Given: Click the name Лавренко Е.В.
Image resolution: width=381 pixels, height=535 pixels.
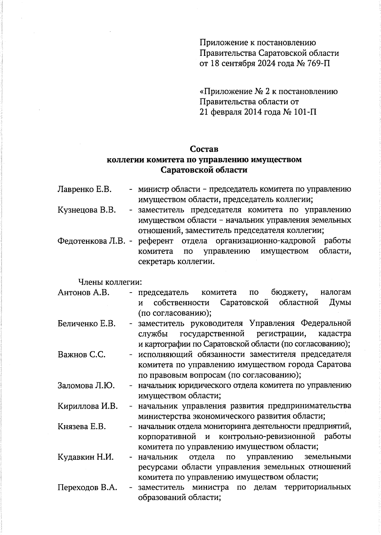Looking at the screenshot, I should (84, 189).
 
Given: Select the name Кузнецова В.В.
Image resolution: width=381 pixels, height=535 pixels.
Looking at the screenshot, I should (86, 210).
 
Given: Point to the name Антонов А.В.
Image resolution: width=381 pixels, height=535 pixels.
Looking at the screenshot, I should (84, 292).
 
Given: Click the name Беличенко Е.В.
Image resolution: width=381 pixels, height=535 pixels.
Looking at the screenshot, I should (86, 323).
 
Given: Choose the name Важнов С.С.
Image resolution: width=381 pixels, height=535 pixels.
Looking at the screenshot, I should (82, 354).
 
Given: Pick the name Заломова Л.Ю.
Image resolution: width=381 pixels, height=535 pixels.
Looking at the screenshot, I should (86, 386).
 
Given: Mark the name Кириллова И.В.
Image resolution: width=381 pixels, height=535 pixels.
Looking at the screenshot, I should (88, 406).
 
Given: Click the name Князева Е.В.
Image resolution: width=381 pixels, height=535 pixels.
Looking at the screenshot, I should (82, 427).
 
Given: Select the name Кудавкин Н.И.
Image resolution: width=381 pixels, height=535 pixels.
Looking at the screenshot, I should (86, 457).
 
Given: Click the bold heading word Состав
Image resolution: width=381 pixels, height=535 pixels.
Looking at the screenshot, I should (204, 149).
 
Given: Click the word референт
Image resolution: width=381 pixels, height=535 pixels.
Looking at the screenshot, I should (156, 241).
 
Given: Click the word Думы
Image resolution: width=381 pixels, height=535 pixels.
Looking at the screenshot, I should (340, 302).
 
